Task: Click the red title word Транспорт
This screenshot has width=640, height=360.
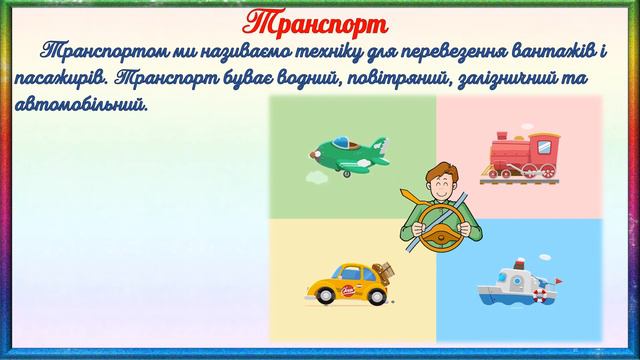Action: pos(319,22)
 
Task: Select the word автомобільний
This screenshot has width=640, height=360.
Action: pos(83,104)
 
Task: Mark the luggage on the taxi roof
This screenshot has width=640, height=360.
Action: pos(381,268)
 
